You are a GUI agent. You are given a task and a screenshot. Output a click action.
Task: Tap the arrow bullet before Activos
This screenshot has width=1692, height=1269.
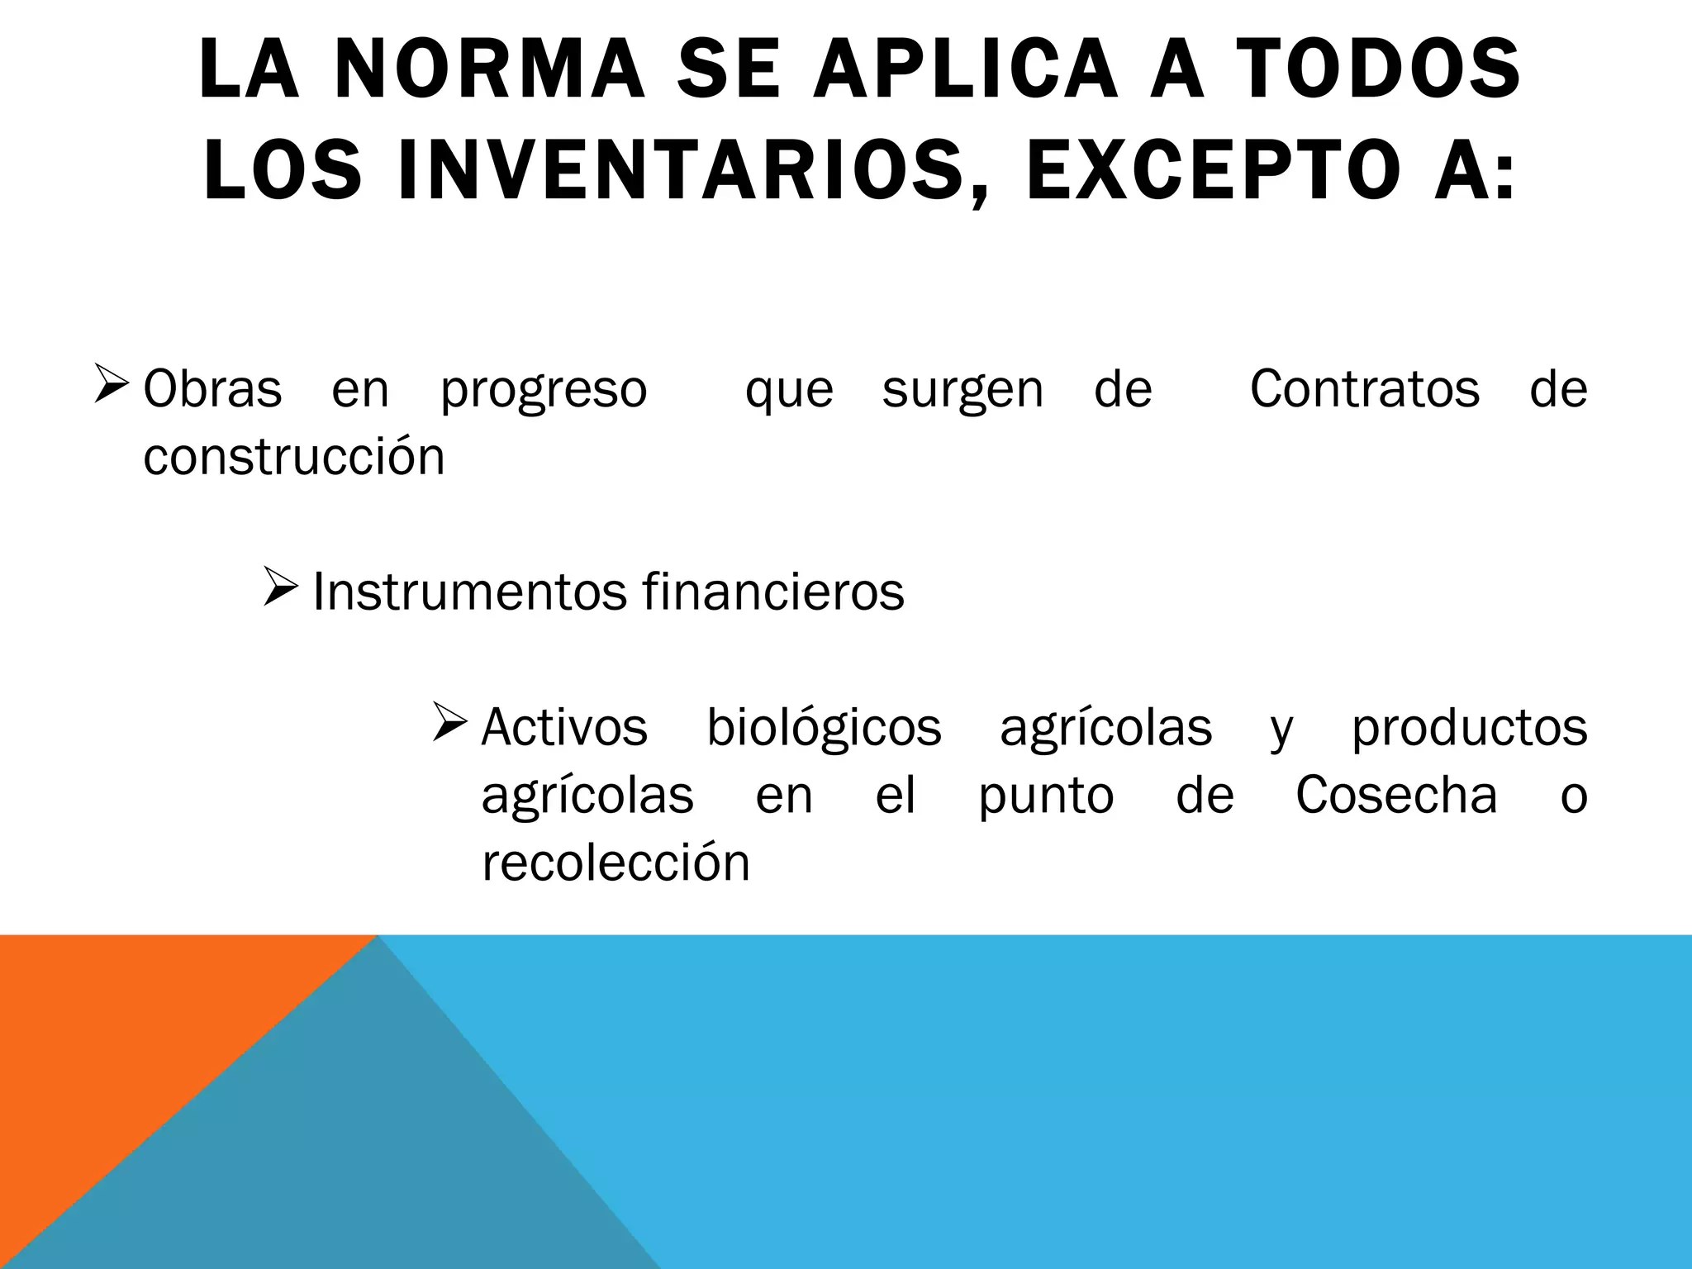pyautogui.click(x=449, y=725)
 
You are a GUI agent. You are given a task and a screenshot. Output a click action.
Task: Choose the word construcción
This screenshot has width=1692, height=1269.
pyautogui.click(x=293, y=456)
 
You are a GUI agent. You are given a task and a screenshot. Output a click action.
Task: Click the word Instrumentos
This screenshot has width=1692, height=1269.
pyautogui.click(x=470, y=592)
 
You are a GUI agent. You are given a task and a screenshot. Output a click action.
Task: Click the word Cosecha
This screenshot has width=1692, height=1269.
pyautogui.click(x=1395, y=795)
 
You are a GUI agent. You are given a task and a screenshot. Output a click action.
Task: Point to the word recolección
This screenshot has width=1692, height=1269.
pyautogui.click(x=615, y=863)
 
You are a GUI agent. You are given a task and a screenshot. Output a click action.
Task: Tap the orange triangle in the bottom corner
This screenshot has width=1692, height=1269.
pyautogui.click(x=124, y=1041)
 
